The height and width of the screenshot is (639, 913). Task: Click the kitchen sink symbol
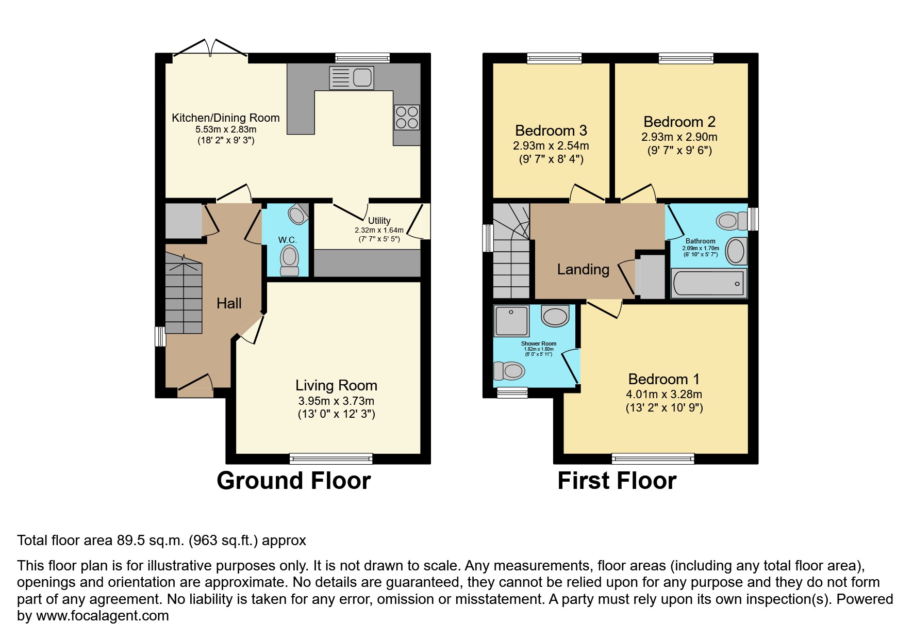pyautogui.click(x=352, y=78)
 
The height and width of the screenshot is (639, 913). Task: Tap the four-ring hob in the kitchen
pyautogui.click(x=407, y=117)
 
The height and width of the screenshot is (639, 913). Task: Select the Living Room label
pyautogui.click(x=336, y=385)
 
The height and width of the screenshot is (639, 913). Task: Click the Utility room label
pyautogui.click(x=379, y=221)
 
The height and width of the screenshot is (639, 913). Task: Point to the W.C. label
pyautogui.click(x=287, y=240)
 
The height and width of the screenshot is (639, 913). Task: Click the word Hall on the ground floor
pyautogui.click(x=229, y=303)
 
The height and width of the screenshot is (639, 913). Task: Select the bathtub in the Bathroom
pyautogui.click(x=708, y=283)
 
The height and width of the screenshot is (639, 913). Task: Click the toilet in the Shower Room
pyautogui.click(x=509, y=370)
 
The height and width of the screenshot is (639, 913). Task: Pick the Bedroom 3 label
pyautogui.click(x=551, y=130)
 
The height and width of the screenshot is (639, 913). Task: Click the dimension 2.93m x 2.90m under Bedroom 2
pyautogui.click(x=679, y=137)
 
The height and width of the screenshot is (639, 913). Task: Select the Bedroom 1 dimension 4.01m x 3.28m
pyautogui.click(x=663, y=395)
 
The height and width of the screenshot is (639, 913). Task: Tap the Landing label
pyautogui.click(x=583, y=269)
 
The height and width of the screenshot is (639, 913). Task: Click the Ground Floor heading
pyautogui.click(x=293, y=481)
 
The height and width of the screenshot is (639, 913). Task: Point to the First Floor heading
pyautogui.click(x=617, y=481)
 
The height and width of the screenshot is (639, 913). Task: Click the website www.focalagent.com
pyautogui.click(x=102, y=616)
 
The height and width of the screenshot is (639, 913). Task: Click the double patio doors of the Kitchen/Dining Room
pyautogui.click(x=210, y=49)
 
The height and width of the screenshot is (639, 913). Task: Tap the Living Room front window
pyautogui.click(x=330, y=458)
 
